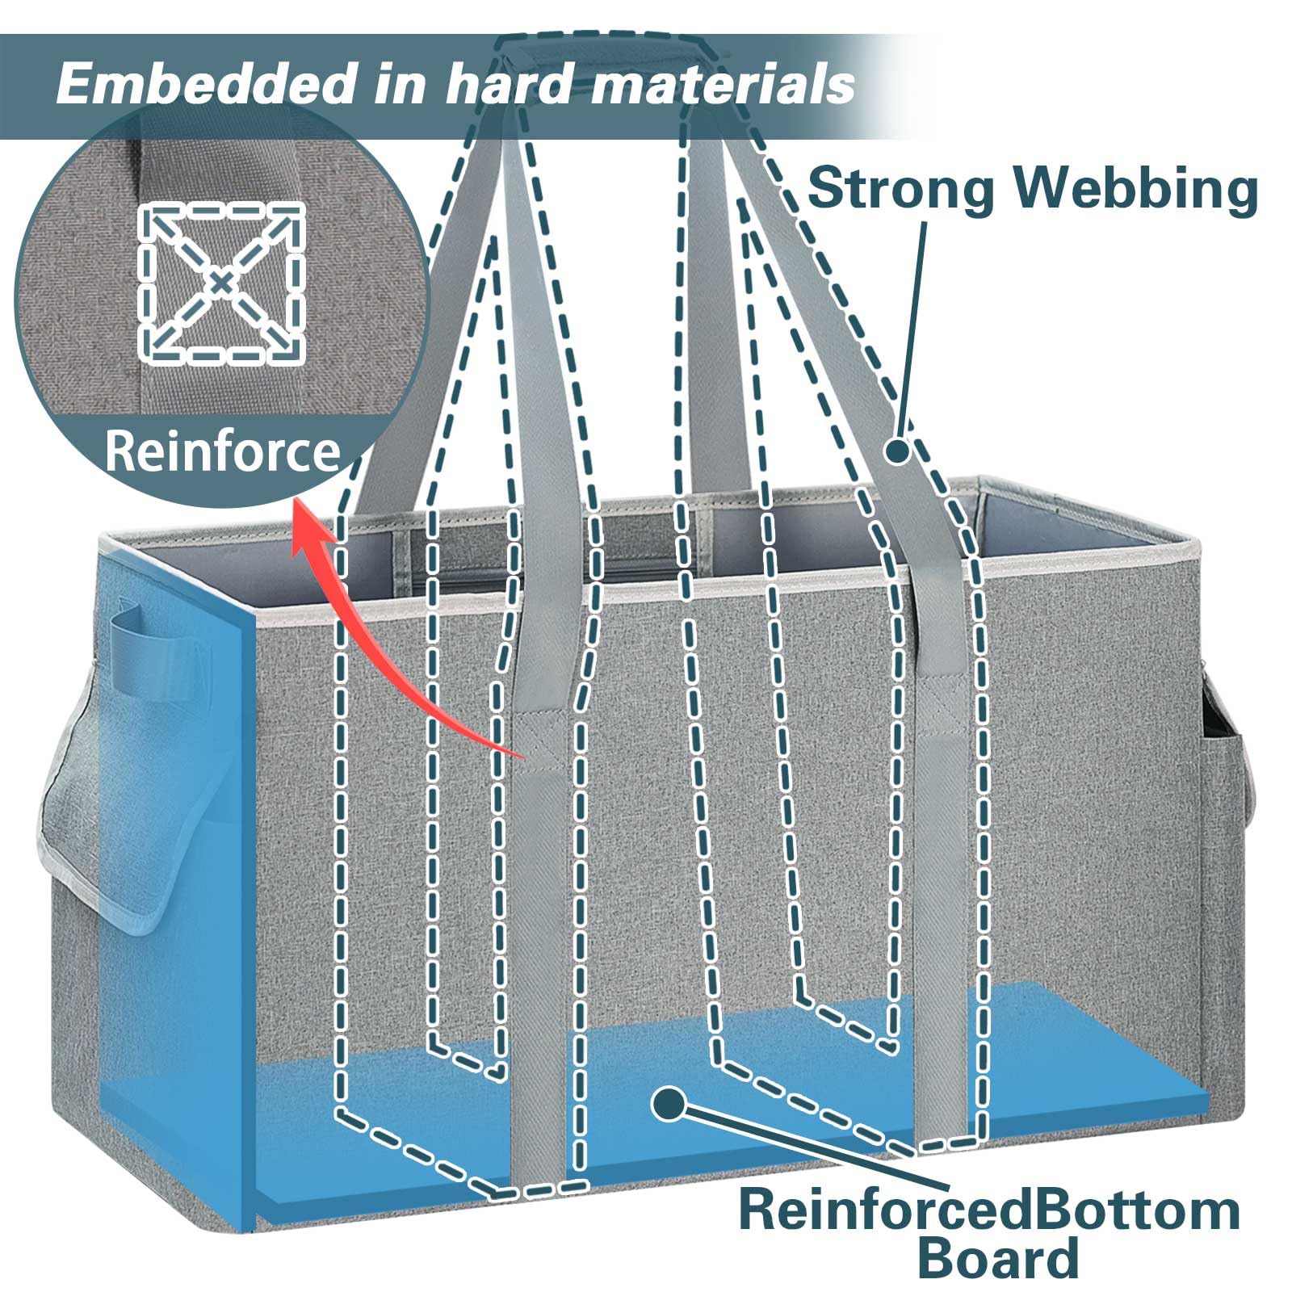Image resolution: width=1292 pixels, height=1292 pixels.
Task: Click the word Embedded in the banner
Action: coord(207,83)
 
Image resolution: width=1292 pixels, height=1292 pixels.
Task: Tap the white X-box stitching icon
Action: coord(221,282)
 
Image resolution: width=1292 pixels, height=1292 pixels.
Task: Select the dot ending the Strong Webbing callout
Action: coord(897,450)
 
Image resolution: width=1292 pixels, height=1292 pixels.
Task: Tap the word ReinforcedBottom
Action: coord(989,1210)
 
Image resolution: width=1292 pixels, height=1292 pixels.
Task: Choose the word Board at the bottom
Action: coord(998,1257)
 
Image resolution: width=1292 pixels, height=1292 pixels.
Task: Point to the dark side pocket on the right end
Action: coord(1227,775)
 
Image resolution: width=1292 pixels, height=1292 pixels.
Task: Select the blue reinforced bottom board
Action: coord(727,1106)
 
